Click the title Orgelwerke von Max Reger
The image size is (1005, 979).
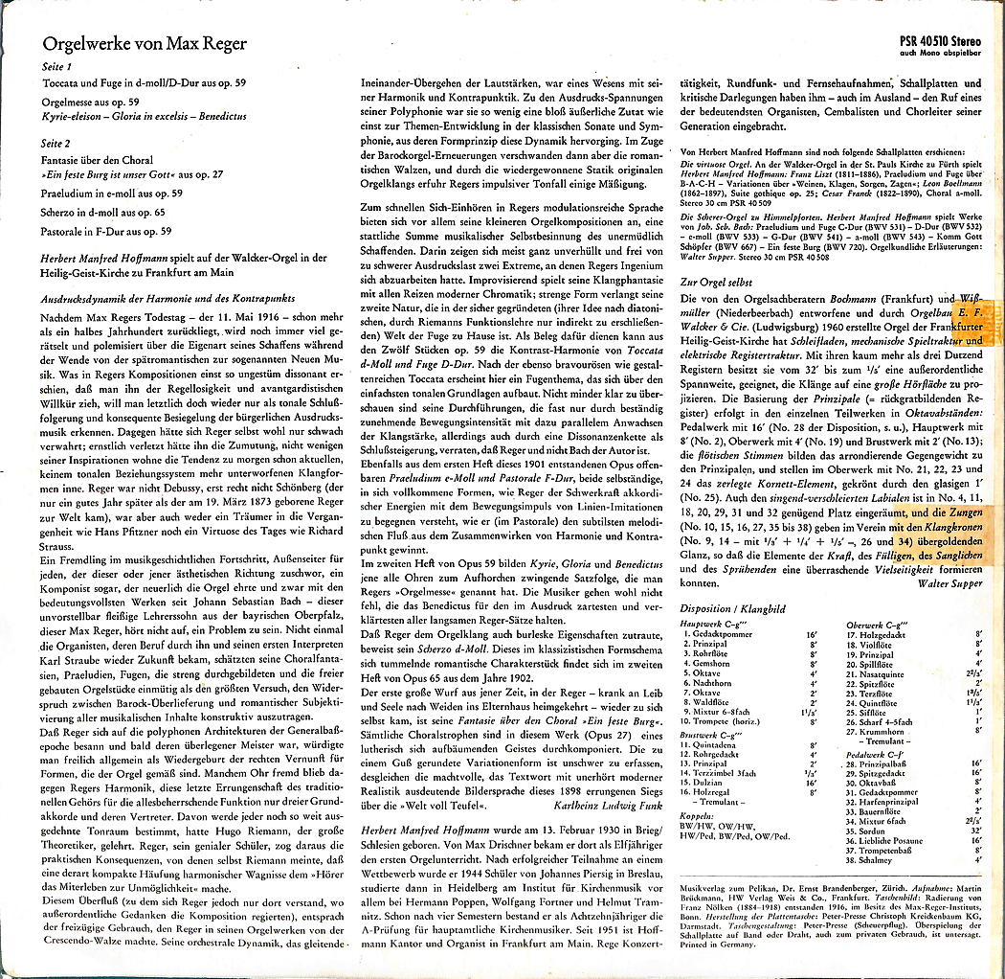pyautogui.click(x=145, y=44)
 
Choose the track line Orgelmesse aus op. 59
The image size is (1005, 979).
pyautogui.click(x=91, y=102)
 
